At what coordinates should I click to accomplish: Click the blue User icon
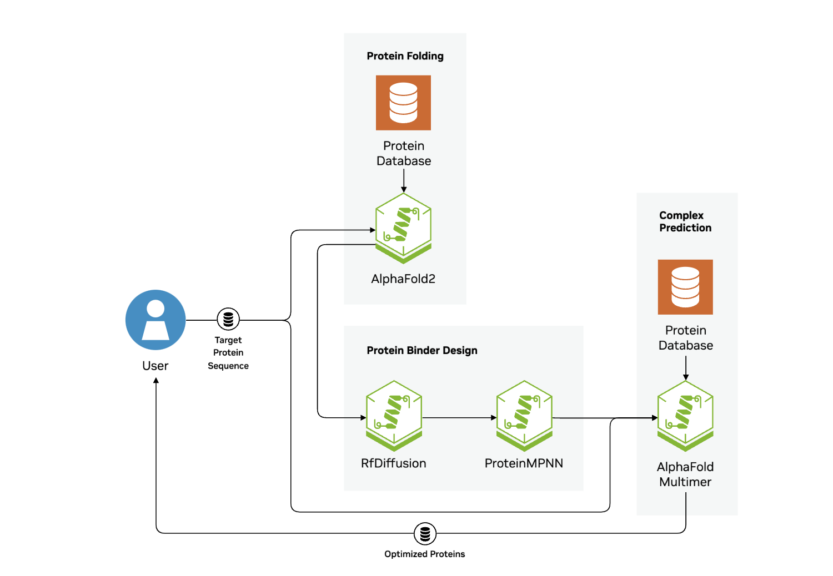point(155,320)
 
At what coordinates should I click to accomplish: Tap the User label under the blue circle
point(155,366)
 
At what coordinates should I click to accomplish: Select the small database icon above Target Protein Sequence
point(228,319)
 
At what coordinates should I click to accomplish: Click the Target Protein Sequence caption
point(228,353)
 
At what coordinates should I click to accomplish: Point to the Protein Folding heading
point(405,56)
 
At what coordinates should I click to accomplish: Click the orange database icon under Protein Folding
point(403,103)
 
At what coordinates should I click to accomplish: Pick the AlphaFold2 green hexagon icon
point(403,228)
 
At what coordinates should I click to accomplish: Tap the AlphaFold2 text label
point(403,279)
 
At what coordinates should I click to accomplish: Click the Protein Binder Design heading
point(421,351)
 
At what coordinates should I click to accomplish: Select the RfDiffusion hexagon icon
point(394,416)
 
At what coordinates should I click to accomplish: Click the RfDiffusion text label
point(393,463)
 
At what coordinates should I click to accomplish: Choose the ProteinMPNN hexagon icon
point(524,416)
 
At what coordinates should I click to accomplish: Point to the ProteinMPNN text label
point(524,463)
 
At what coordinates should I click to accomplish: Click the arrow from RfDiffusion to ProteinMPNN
point(459,418)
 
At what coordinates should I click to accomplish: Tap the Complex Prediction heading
point(685,221)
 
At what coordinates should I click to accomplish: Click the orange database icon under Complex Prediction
point(685,287)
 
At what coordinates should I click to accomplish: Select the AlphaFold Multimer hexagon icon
point(685,416)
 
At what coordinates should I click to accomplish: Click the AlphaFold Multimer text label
point(685,474)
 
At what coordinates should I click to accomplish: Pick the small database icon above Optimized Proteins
point(425,534)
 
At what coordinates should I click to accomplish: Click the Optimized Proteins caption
point(424,554)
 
